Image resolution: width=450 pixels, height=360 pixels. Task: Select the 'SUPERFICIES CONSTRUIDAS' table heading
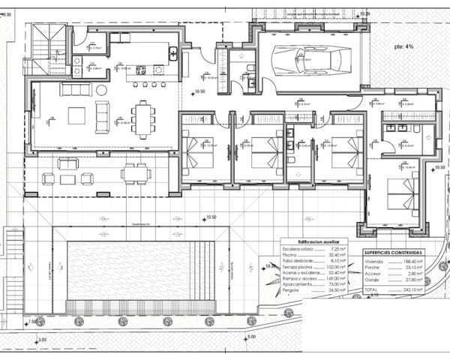coord(393,253)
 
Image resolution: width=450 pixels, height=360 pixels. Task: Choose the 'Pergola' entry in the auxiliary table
coord(290,289)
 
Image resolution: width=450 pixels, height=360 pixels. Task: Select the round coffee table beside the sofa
coord(102,90)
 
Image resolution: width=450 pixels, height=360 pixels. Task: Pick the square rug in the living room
coord(77,115)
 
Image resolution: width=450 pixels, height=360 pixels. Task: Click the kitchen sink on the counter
coord(172,52)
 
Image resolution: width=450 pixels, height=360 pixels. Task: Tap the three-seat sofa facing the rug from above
coord(75,90)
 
